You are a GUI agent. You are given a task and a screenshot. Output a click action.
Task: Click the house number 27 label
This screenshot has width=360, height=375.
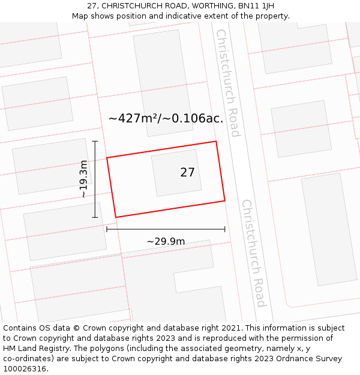(x=187, y=173)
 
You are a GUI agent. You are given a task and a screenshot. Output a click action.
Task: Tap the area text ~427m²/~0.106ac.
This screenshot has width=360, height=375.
(x=166, y=118)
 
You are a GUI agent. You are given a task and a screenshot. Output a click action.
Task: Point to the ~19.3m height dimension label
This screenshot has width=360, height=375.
(x=83, y=179)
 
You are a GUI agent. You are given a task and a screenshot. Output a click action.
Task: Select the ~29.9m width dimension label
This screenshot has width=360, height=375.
(x=166, y=241)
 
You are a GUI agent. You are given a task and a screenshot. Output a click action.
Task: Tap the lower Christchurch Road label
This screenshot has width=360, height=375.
(x=253, y=253)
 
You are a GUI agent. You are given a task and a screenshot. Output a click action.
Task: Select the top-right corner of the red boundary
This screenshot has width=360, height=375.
(x=216, y=142)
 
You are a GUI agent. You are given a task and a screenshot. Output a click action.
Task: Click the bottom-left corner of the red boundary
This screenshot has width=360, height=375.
(x=115, y=217)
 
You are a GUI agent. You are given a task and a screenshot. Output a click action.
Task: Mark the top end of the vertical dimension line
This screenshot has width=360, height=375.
(x=95, y=141)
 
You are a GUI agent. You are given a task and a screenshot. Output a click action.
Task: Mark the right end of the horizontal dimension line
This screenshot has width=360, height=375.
(x=225, y=229)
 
